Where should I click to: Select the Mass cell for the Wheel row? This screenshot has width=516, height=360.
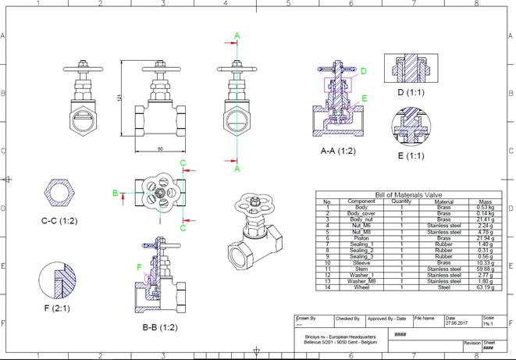(x=486, y=287)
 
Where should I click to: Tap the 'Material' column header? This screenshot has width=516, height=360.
(x=443, y=201)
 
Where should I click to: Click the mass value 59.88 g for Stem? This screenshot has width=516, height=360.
(x=486, y=269)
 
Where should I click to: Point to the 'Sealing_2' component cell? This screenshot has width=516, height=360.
(x=361, y=251)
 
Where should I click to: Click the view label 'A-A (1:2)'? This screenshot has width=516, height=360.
(x=338, y=151)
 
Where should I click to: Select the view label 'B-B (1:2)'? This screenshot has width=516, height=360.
(x=160, y=327)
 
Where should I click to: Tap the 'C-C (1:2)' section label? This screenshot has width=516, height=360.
(x=59, y=221)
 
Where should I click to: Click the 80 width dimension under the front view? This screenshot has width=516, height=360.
(x=160, y=148)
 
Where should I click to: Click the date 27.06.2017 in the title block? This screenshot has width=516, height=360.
(x=457, y=323)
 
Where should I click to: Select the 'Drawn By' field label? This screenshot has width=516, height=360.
(x=306, y=319)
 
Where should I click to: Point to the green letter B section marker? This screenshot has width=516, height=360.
(x=115, y=193)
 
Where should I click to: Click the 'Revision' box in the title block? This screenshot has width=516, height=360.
(x=472, y=343)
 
